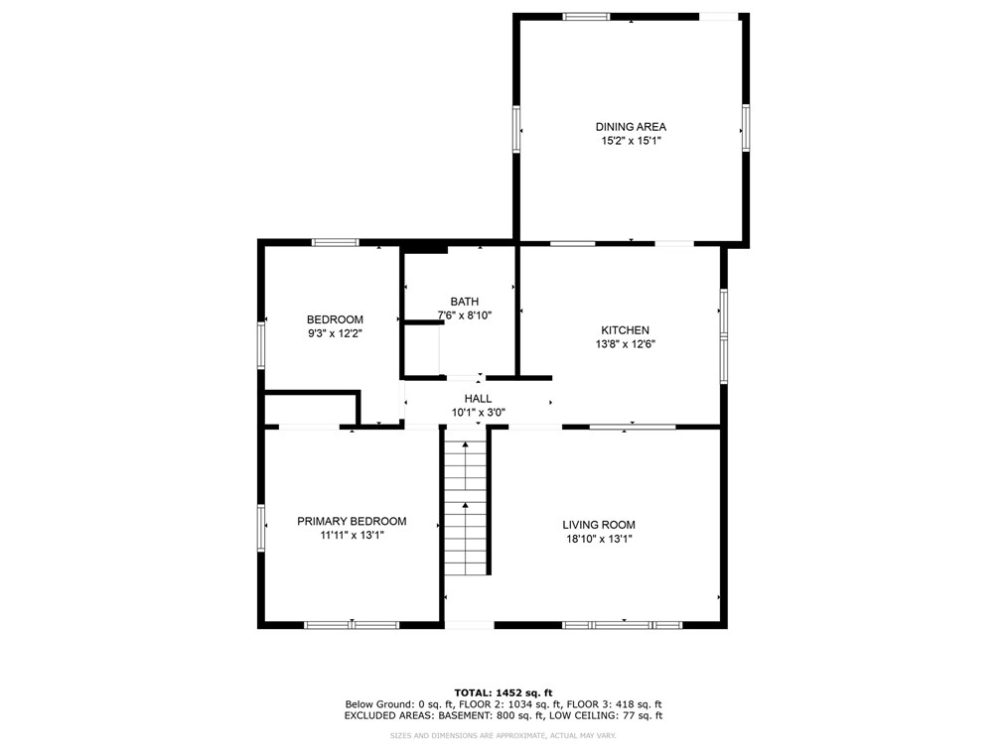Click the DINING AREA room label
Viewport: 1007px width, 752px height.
(x=631, y=127)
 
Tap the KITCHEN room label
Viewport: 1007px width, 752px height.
(x=625, y=330)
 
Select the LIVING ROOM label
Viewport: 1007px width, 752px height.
(x=599, y=525)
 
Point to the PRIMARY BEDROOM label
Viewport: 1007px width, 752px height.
(x=352, y=522)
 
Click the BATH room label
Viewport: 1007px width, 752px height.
(x=465, y=302)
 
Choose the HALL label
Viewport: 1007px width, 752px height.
(x=478, y=399)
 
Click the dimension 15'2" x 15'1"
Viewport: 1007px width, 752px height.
(x=631, y=141)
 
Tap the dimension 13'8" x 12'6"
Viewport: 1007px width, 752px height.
(x=625, y=344)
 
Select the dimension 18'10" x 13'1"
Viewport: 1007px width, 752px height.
(x=599, y=539)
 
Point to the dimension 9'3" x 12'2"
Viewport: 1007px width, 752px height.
(x=336, y=333)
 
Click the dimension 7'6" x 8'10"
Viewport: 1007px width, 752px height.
(x=465, y=315)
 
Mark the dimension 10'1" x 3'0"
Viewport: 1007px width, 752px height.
(x=479, y=413)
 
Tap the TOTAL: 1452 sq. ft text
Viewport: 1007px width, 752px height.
(x=503, y=692)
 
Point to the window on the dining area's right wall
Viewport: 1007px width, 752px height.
(x=746, y=128)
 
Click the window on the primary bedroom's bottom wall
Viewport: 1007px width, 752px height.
(x=352, y=625)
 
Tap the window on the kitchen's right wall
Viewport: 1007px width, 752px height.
(x=724, y=337)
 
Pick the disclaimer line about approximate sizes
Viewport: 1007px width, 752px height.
(x=503, y=736)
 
